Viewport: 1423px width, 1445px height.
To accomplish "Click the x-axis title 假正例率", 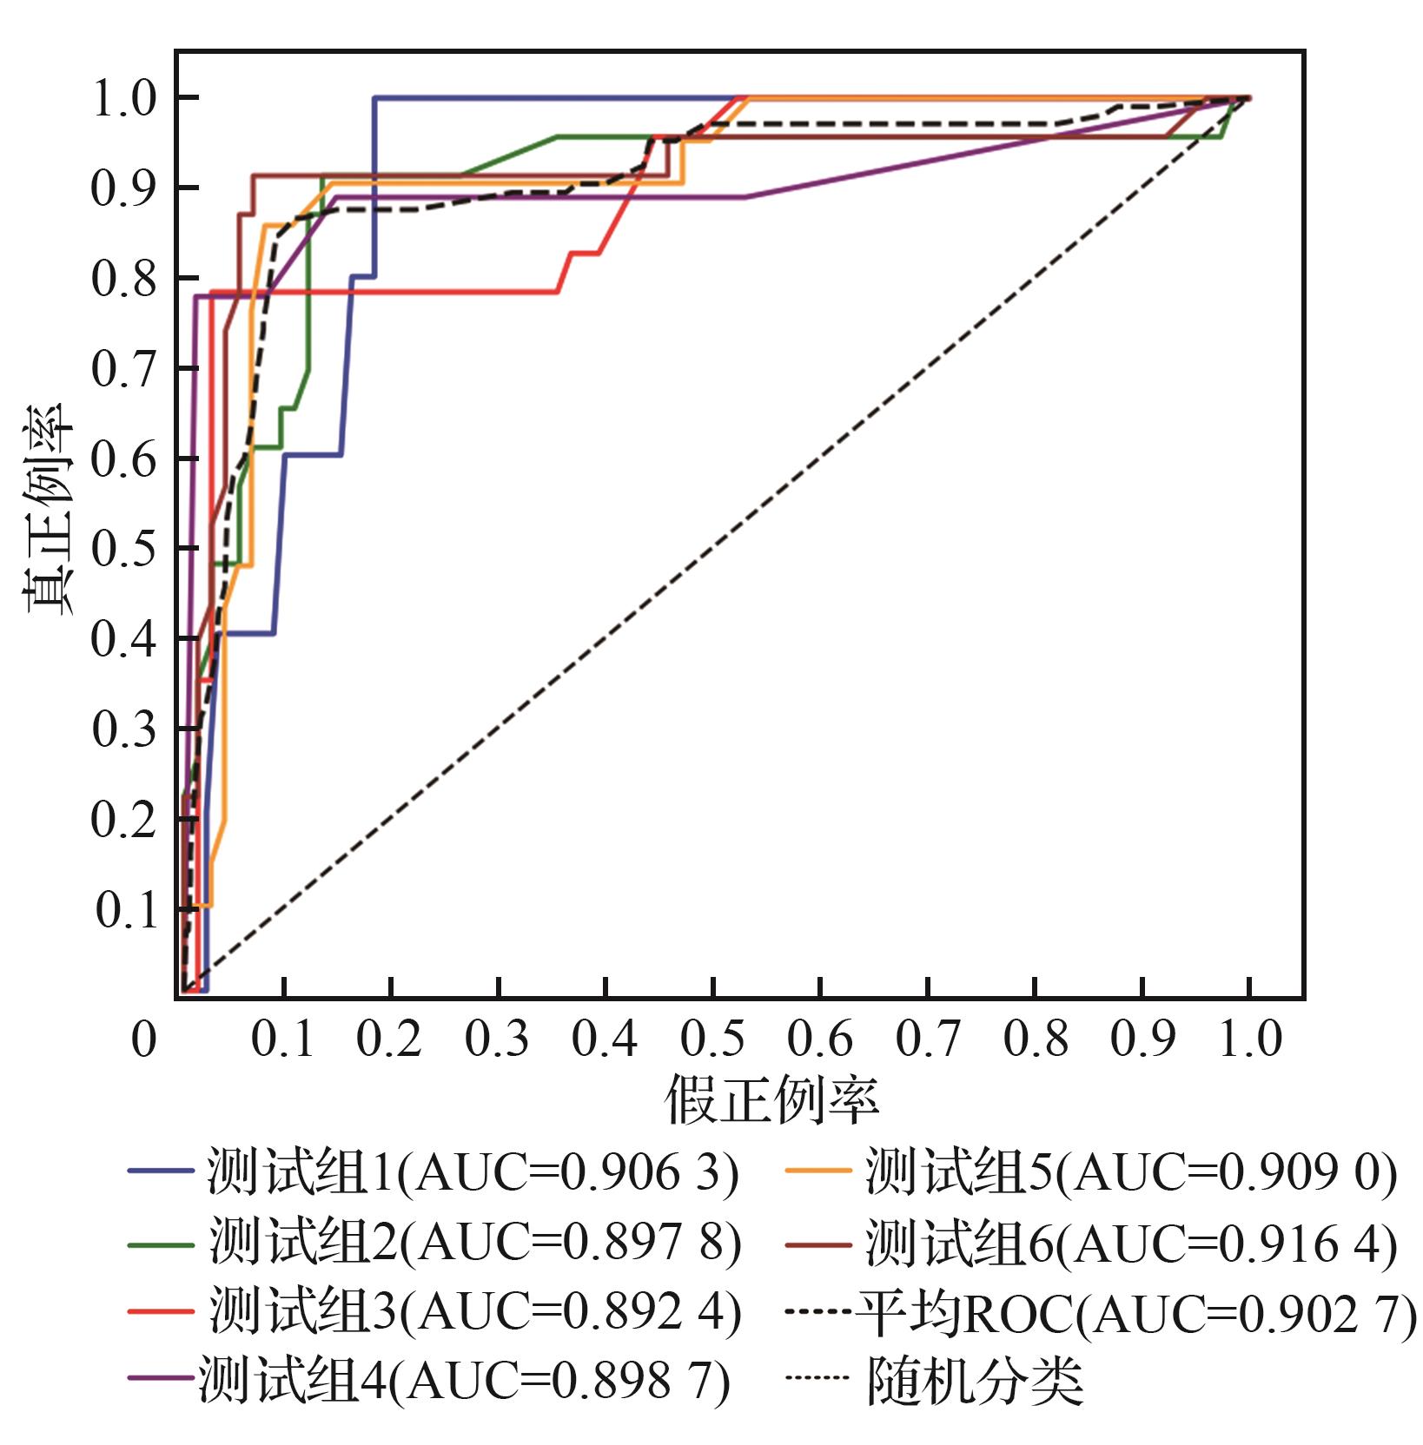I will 771,1099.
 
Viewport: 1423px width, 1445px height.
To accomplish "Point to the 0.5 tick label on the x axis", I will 711,1039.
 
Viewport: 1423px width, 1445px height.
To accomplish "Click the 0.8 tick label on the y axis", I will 124,279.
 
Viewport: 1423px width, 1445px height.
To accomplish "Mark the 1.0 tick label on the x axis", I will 1249,1039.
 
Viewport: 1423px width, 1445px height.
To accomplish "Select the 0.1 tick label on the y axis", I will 127,910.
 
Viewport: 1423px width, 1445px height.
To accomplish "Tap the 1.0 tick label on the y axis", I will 124,98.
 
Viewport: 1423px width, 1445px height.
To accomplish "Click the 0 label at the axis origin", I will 143,1039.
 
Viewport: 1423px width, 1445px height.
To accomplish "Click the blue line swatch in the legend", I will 160,1171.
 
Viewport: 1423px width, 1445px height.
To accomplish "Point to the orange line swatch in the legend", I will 818,1171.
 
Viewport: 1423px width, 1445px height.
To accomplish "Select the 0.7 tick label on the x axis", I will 927,1039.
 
